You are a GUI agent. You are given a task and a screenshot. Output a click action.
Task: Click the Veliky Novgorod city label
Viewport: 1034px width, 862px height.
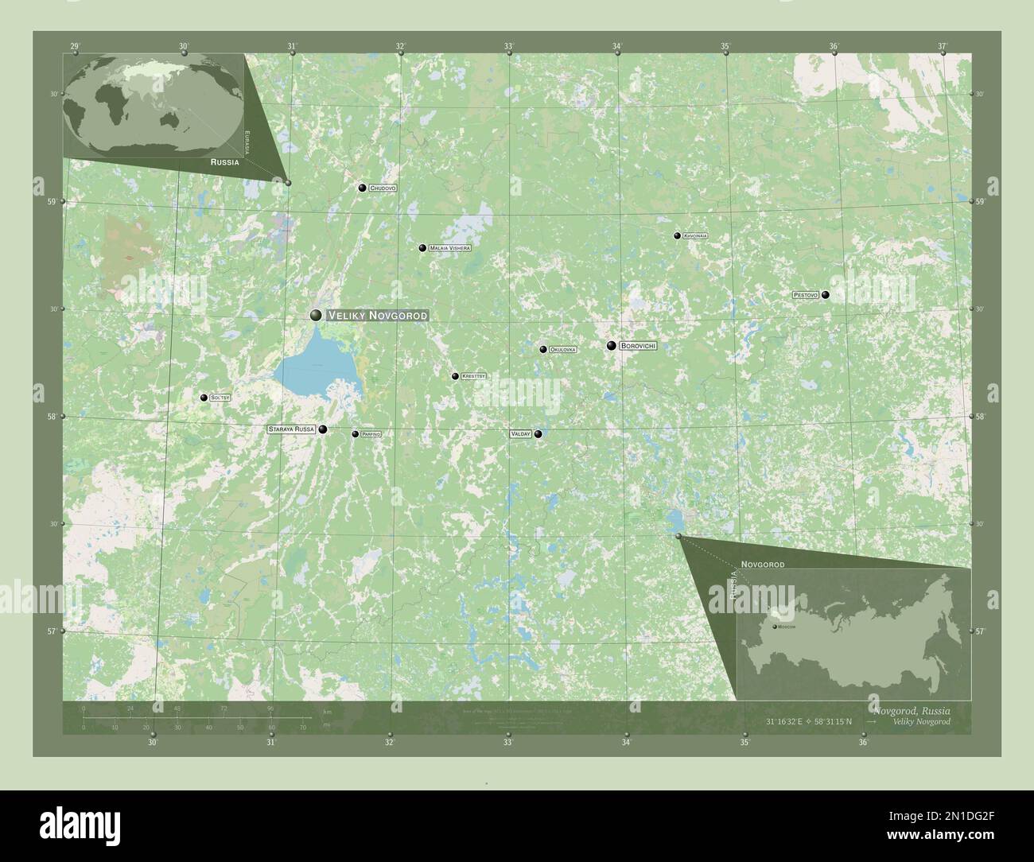378,316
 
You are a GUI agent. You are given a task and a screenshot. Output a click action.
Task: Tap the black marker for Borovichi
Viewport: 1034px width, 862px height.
611,346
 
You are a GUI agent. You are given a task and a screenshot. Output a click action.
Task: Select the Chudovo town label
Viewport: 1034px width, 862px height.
383,188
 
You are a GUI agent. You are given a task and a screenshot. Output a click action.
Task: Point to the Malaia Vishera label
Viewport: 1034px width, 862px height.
450,248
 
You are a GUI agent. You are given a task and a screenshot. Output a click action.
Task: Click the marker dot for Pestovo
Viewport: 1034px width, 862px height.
826,295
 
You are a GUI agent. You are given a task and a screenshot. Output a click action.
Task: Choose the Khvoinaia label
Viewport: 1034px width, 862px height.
695,236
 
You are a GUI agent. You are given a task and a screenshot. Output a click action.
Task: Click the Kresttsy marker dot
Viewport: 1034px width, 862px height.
455,376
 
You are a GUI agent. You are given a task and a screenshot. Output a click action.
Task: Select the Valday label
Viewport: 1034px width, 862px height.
521,434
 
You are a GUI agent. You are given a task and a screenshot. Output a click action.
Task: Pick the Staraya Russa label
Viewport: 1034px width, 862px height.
292,429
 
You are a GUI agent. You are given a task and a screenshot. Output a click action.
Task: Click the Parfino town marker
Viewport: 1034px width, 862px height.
356,434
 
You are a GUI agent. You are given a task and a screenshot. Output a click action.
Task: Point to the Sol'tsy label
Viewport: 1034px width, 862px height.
220,398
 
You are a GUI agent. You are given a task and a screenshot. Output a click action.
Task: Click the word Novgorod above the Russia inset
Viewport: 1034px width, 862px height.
763,565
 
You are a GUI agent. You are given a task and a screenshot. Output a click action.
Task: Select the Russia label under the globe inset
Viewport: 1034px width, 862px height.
225,161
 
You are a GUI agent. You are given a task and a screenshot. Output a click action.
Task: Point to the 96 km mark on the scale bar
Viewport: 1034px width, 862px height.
270,708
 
